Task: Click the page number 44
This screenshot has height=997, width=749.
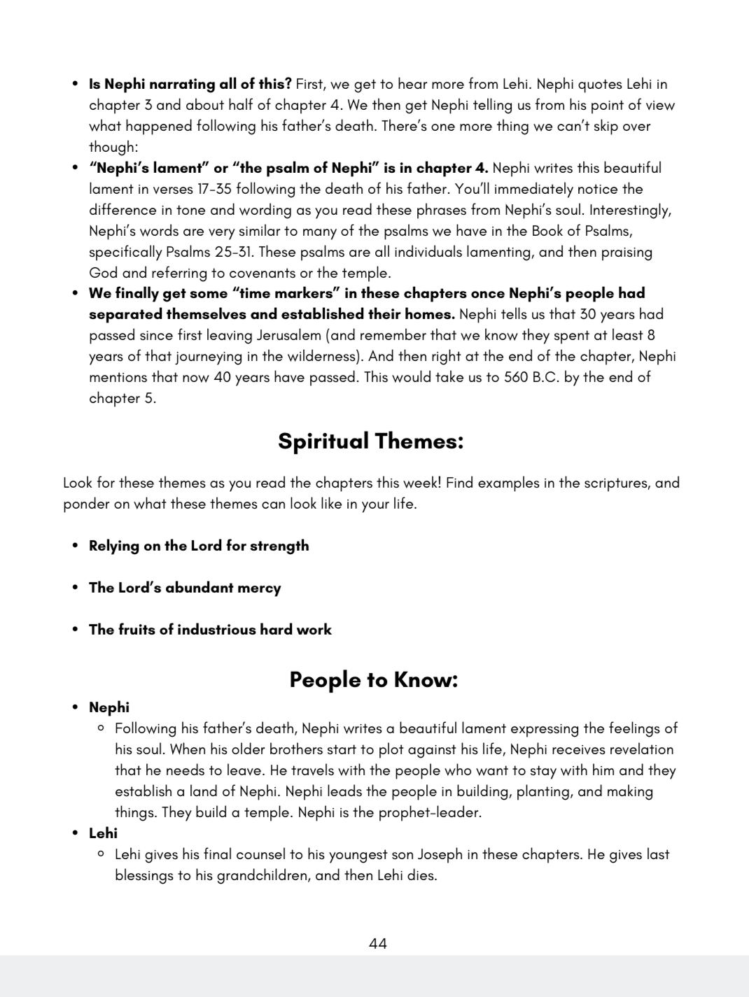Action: tap(377, 944)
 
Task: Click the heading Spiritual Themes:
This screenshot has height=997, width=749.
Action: tap(370, 441)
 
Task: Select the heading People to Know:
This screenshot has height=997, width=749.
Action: tap(373, 679)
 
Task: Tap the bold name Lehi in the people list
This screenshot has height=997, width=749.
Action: tap(103, 833)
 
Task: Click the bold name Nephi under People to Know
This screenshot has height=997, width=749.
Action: tap(109, 707)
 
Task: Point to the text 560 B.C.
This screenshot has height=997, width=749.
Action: tap(532, 377)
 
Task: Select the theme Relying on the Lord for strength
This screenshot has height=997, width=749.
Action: tap(199, 546)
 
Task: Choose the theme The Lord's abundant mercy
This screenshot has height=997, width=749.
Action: tap(185, 588)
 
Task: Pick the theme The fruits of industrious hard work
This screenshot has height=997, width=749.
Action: tap(210, 630)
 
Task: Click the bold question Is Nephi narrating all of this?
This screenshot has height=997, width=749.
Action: tap(190, 84)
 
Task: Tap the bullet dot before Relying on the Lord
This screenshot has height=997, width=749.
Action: tap(75, 546)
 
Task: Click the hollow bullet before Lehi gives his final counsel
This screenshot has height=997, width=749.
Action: tap(101, 854)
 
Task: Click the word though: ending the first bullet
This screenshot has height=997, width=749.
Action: tap(113, 147)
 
